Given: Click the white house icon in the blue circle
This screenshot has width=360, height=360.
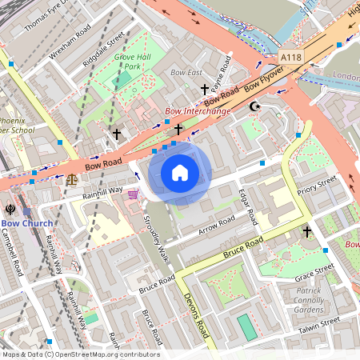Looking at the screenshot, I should click(x=180, y=172).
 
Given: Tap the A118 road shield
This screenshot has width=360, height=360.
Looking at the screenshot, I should click(x=292, y=58).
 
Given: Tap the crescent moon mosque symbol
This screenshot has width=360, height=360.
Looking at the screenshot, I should click(x=255, y=106).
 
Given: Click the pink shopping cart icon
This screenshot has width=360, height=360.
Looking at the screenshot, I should click(x=133, y=194).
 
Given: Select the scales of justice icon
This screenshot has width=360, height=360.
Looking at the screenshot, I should click(x=73, y=179).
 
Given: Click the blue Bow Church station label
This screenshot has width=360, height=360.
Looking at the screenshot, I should click(x=26, y=223).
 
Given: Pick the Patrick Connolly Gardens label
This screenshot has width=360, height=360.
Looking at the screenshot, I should click(x=308, y=300).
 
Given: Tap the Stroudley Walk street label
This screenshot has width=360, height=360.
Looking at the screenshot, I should click(x=157, y=238).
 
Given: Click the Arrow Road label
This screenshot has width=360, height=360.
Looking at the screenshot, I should click(x=215, y=227).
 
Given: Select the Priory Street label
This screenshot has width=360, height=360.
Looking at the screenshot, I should click(x=317, y=187).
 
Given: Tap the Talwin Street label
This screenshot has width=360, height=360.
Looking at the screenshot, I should click(x=319, y=322).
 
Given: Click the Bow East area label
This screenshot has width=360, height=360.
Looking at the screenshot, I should click(x=186, y=73).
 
